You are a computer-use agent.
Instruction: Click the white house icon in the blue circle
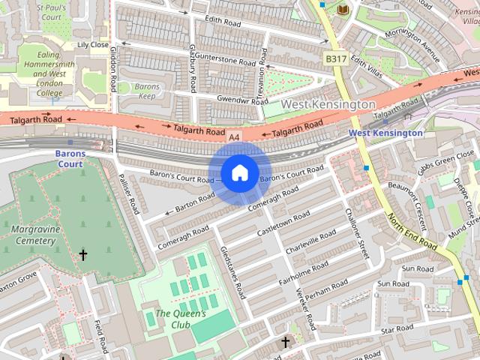click(239, 173)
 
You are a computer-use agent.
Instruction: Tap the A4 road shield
click(235, 137)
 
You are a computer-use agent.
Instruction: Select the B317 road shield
click(335, 58)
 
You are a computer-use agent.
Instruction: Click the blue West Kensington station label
click(385, 133)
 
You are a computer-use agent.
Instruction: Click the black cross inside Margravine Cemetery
click(83, 256)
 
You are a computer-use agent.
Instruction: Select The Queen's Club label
click(180, 319)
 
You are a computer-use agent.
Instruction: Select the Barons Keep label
click(148, 91)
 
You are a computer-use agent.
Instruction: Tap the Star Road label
click(397, 329)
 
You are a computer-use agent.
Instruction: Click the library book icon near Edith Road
click(343, 10)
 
